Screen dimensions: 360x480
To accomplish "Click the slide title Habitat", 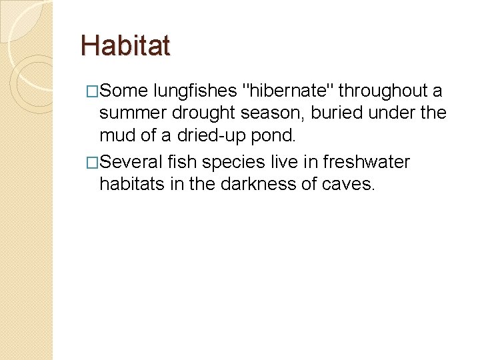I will pyautogui.click(x=125, y=46).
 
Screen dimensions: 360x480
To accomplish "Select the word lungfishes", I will pyautogui.click(x=194, y=91).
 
